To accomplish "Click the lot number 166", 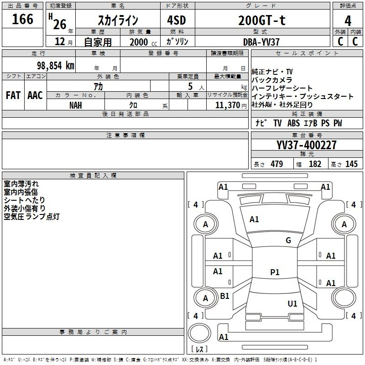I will pos(23,19).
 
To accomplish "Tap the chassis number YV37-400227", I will pos(307,145).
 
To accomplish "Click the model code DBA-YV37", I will pos(261,42).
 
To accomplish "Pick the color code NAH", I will pos(76,104).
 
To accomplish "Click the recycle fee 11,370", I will pos(227,104).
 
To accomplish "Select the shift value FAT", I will pos(13,95).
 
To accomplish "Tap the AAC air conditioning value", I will pos(35,95).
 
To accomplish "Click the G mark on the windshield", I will pos(288,240).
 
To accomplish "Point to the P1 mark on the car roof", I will pos(274,272).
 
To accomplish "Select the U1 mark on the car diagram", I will pos(292,303).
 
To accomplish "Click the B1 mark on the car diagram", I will pos(225,296).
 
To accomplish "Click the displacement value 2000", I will pos(139,42).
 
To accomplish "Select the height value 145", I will pos(351,164).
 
